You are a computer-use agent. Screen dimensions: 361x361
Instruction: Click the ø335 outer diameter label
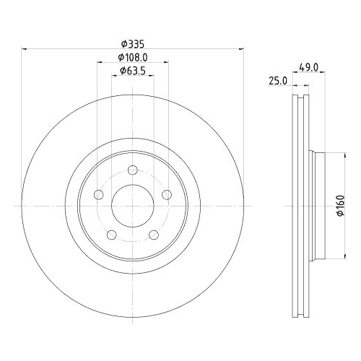[132, 43]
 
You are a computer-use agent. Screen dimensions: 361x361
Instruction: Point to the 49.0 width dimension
[309, 69]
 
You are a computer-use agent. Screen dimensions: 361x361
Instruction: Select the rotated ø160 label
[337, 206]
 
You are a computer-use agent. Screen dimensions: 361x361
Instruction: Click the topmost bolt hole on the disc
[133, 171]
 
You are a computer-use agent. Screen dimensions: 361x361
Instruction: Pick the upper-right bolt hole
[167, 195]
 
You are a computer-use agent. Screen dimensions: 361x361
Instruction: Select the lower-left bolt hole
[112, 235]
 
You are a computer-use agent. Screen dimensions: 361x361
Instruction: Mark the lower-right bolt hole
[154, 235]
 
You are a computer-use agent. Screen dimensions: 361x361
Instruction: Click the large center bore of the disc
[133, 206]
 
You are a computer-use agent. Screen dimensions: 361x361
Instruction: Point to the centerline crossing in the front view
[133, 206]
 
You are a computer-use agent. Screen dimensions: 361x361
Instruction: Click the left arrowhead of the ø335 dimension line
[26, 49]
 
